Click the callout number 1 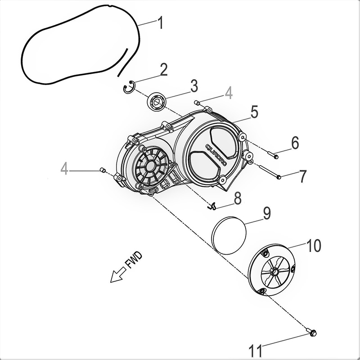(x=159, y=23)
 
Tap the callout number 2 (x=163, y=69)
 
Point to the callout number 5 (x=254, y=112)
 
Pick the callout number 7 (x=302, y=176)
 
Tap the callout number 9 (x=266, y=213)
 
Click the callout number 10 (x=313, y=246)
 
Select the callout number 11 (x=256, y=349)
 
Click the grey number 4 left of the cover (x=65, y=169)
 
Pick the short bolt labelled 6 (x=274, y=156)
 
